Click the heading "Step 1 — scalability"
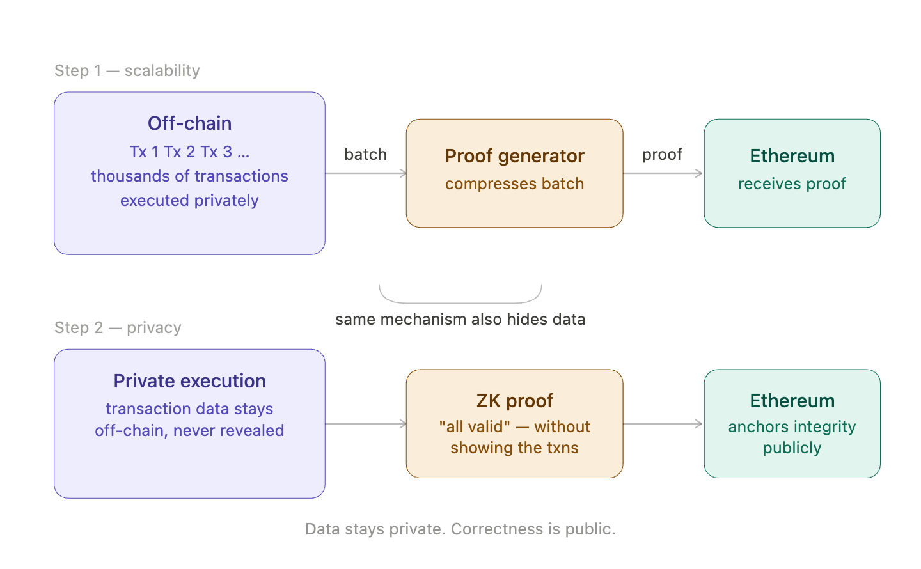pyautogui.click(x=127, y=70)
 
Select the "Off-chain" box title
pyautogui.click(x=189, y=123)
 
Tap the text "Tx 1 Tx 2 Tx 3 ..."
pyautogui.click(x=189, y=152)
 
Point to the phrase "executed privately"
pyautogui.click(x=189, y=201)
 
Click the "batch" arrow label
pyautogui.click(x=365, y=155)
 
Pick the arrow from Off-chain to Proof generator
pyautogui.click(x=365, y=173)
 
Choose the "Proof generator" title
pyautogui.click(x=514, y=156)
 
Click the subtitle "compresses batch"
pyautogui.click(x=514, y=184)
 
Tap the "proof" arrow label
pyautogui.click(x=662, y=155)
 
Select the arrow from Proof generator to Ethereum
pyautogui.click(x=663, y=173)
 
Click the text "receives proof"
pyautogui.click(x=792, y=184)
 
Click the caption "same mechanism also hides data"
pyautogui.click(x=460, y=320)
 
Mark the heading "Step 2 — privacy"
pyautogui.click(x=118, y=328)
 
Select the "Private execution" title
pyautogui.click(x=189, y=381)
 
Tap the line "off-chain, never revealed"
pyautogui.click(x=189, y=431)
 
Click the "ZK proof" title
pyautogui.click(x=514, y=401)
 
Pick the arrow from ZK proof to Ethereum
pyautogui.click(x=663, y=423)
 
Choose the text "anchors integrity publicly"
pyautogui.click(x=792, y=437)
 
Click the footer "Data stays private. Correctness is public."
pyautogui.click(x=460, y=529)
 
